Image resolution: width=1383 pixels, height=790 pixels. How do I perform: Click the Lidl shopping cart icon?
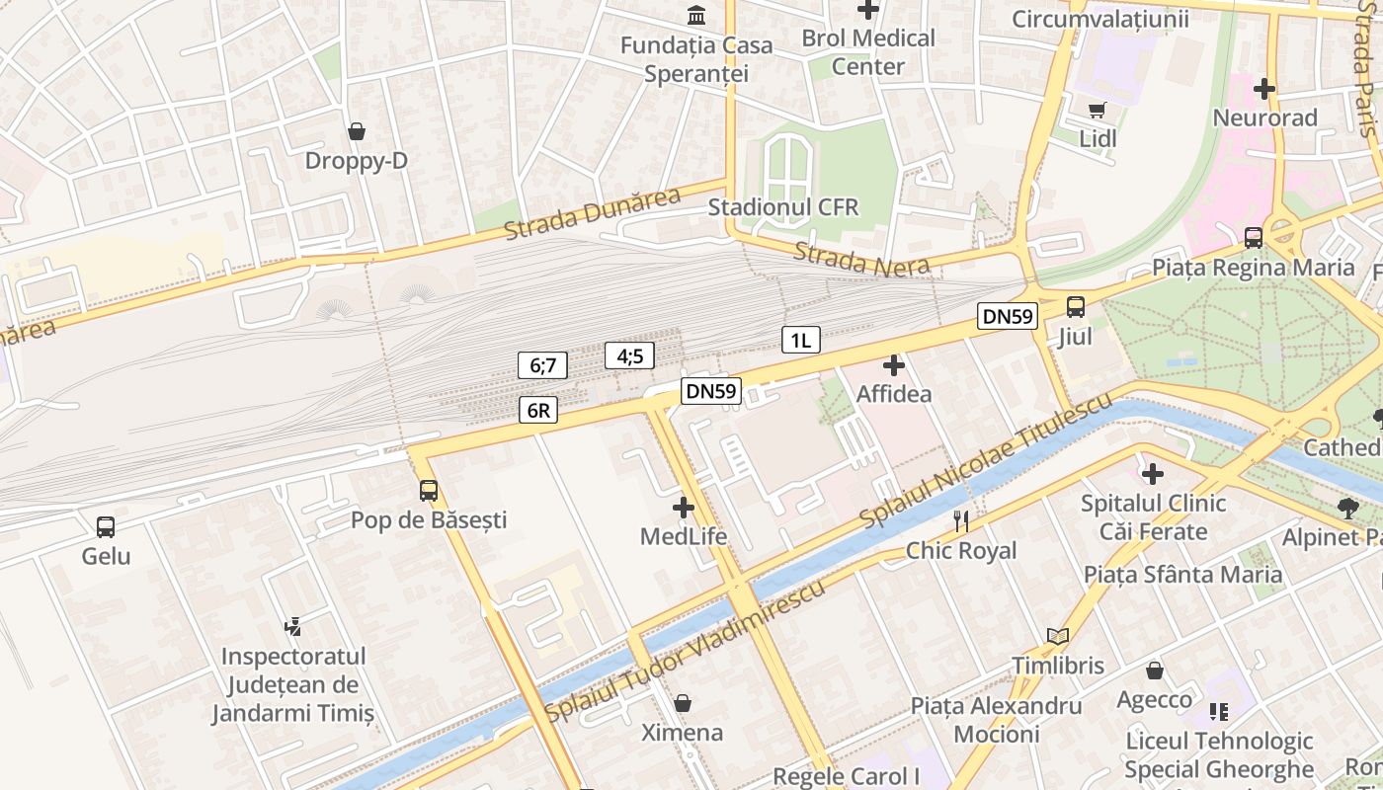point(1097,110)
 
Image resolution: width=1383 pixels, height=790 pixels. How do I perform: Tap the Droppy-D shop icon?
point(357,131)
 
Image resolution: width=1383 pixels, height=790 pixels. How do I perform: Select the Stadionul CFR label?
point(783,207)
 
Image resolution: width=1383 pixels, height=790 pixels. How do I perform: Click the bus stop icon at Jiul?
point(1076,307)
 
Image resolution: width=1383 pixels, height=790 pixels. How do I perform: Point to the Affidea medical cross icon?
point(894,365)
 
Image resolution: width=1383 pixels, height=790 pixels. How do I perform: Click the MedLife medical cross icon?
point(683,508)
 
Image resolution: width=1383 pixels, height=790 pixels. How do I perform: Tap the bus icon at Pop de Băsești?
point(429,490)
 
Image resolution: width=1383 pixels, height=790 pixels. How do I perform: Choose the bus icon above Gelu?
point(106,527)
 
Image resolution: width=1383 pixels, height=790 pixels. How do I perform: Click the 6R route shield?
point(538,410)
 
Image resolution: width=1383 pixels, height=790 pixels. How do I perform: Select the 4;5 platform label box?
point(629,355)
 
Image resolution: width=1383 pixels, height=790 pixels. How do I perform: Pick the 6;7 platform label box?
point(542,365)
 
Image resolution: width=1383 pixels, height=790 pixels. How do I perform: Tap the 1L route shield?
point(800,341)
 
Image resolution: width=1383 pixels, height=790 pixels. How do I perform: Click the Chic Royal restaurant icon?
point(961,520)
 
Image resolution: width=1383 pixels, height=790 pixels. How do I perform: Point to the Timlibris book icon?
point(1058,637)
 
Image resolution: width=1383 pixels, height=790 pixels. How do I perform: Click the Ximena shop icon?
point(683,703)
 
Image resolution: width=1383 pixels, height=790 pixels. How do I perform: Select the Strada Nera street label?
point(861,260)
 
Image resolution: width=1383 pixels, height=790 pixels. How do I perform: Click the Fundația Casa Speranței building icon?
point(697,16)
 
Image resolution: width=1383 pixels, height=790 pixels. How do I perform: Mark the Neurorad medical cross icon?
point(1264,89)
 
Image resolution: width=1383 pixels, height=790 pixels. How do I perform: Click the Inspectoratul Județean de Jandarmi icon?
point(292,625)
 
